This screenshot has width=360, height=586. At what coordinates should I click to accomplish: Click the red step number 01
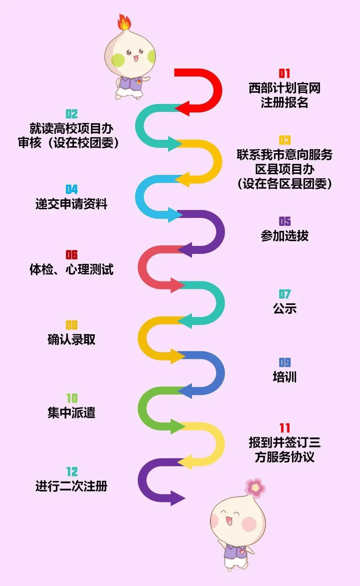click(284, 73)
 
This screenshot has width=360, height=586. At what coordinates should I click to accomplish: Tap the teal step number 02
click(72, 114)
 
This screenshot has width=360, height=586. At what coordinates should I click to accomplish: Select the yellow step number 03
click(285, 140)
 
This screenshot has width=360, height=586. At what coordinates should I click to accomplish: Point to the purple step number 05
click(285, 221)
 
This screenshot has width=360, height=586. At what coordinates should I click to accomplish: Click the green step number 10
click(72, 398)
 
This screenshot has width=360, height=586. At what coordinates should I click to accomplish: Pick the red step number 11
click(285, 428)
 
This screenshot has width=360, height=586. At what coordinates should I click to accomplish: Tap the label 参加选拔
click(285, 236)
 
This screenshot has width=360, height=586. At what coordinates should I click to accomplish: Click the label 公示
click(285, 308)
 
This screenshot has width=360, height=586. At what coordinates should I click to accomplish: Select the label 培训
click(285, 377)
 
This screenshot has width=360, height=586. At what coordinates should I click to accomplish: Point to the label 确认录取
click(71, 339)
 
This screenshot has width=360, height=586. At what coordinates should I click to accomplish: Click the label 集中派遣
click(71, 412)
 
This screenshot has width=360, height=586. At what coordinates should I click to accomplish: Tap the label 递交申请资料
click(71, 204)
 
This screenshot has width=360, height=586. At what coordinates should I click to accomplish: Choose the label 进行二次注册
click(71, 486)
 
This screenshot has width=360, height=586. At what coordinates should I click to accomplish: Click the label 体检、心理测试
click(71, 269)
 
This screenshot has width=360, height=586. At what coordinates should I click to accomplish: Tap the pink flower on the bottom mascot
click(255, 487)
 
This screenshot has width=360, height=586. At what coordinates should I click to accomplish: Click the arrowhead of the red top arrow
click(182, 108)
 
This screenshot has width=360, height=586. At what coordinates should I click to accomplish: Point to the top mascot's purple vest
click(131, 83)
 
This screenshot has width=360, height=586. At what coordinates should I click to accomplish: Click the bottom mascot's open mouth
click(229, 521)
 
